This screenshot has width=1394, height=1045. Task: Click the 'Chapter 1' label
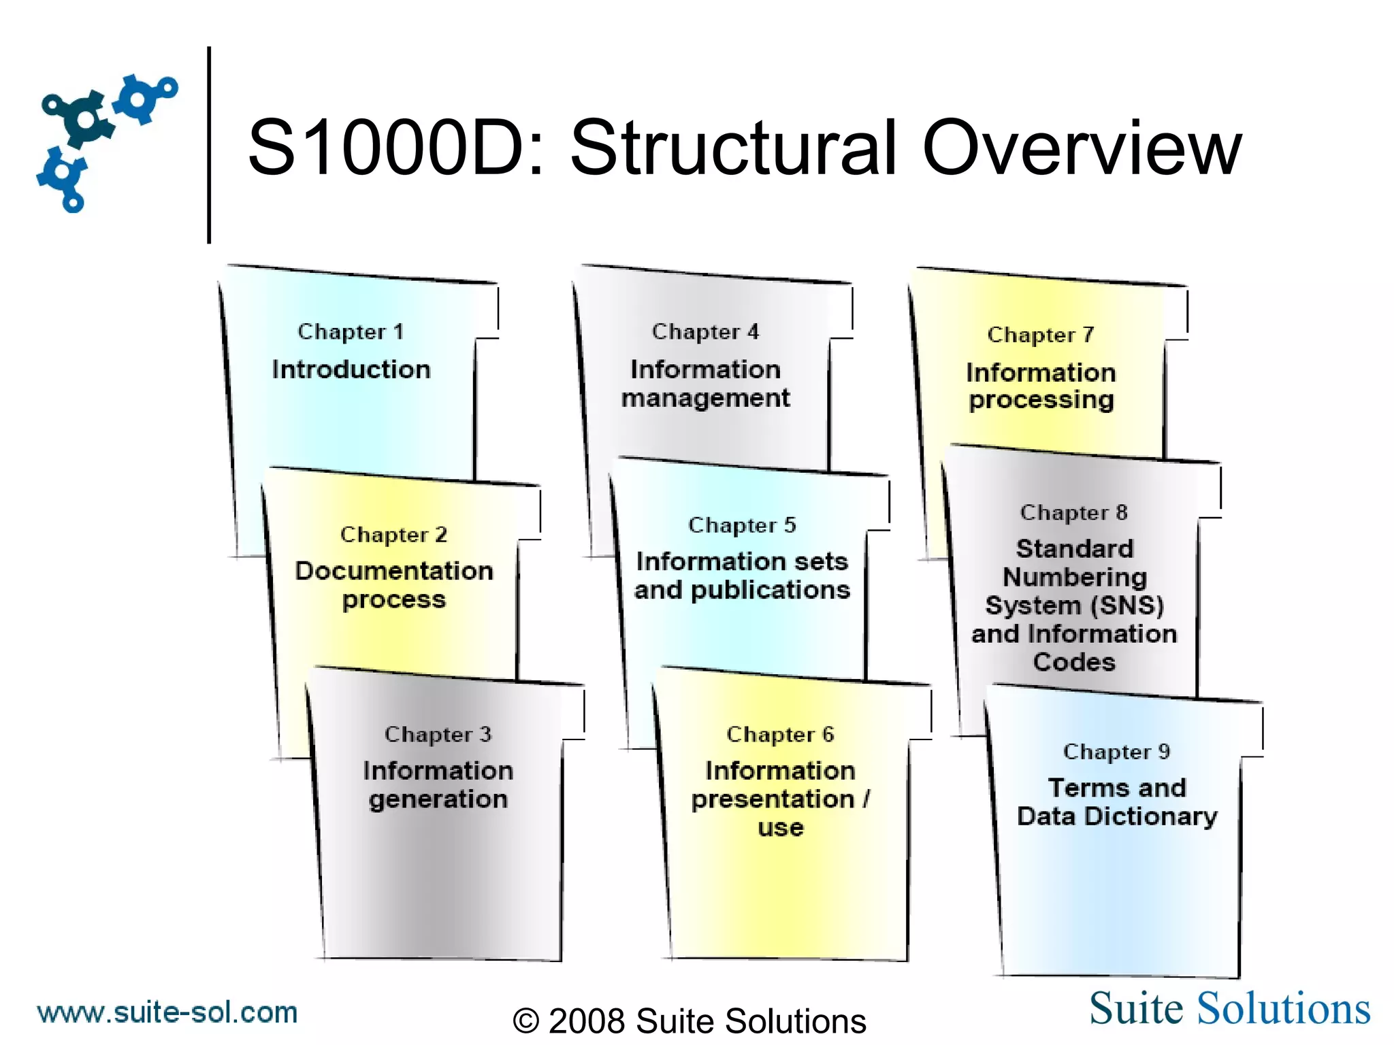pyautogui.click(x=351, y=332)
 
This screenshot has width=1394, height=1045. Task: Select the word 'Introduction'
pyautogui.click(x=351, y=369)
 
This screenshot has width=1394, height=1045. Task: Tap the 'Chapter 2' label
pyautogui.click(x=393, y=535)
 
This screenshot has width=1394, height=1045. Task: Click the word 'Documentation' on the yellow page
pyautogui.click(x=394, y=571)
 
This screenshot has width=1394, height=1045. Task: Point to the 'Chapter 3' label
pyautogui.click(x=438, y=735)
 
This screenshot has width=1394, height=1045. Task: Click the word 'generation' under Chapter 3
pyautogui.click(x=438, y=800)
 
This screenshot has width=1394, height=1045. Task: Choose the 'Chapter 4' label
pyautogui.click(x=705, y=332)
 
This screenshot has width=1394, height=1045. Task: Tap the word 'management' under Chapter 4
pyautogui.click(x=706, y=399)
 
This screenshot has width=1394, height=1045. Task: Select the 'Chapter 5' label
pyautogui.click(x=742, y=525)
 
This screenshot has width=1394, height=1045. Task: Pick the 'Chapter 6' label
pyautogui.click(x=780, y=735)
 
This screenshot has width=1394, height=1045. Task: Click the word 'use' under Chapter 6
pyautogui.click(x=781, y=829)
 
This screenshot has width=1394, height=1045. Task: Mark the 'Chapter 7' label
pyautogui.click(x=1041, y=335)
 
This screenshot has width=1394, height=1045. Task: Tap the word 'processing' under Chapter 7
pyautogui.click(x=1041, y=401)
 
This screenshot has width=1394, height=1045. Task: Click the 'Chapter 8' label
pyautogui.click(x=1074, y=513)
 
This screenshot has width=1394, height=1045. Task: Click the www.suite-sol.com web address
pyautogui.click(x=167, y=1013)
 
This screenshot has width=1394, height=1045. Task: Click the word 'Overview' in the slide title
pyautogui.click(x=1082, y=148)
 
